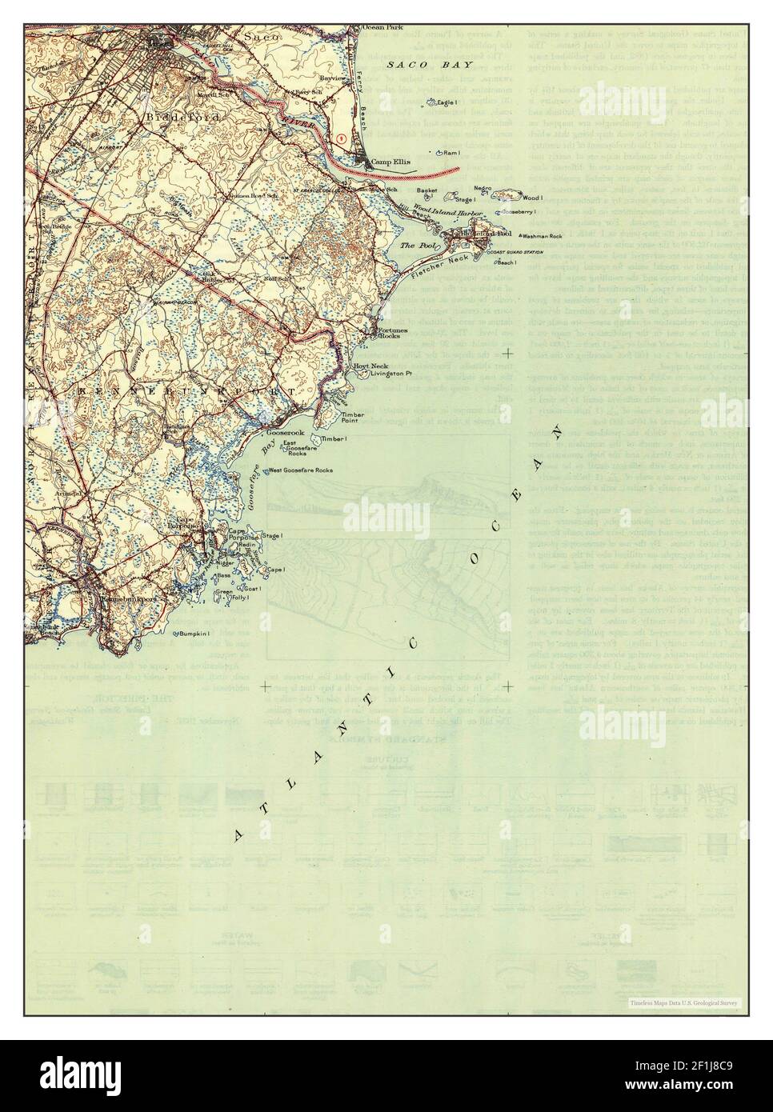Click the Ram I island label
451,152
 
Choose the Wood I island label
533,197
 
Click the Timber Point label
353,418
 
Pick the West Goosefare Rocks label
301,470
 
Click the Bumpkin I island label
194,634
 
